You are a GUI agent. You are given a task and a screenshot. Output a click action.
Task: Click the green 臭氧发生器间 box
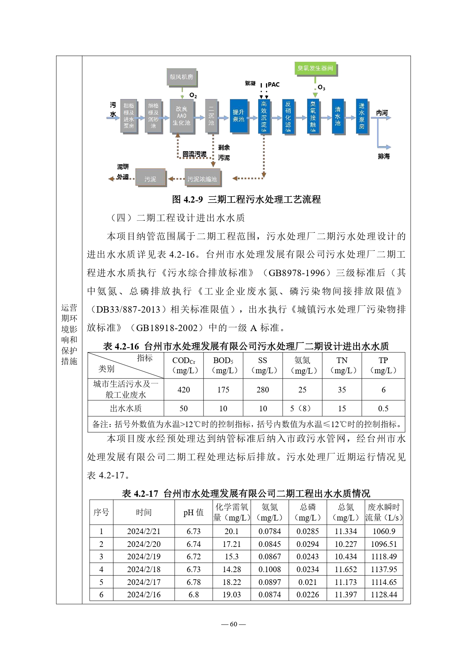pyautogui.click(x=315, y=68)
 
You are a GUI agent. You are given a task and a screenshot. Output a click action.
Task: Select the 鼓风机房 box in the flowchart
pyautogui.click(x=181, y=77)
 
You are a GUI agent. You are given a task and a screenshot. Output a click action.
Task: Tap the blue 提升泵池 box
pyautogui.click(x=239, y=116)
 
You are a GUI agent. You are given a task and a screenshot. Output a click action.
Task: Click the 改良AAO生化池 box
pyautogui.click(x=181, y=116)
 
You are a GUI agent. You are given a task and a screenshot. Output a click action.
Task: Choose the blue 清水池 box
pyautogui.click(x=338, y=116)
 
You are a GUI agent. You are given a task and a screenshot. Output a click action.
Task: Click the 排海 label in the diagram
pyautogui.click(x=384, y=156)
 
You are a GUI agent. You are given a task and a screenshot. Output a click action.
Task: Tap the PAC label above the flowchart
pyautogui.click(x=274, y=85)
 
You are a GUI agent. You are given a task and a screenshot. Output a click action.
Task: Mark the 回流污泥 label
pyautogui.click(x=194, y=154)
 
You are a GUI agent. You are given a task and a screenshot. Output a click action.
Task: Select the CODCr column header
pyautogui.click(x=184, y=365)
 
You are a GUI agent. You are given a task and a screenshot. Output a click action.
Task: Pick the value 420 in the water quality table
pyautogui.click(x=184, y=390)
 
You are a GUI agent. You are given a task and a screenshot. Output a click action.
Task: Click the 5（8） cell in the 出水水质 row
pyautogui.click(x=302, y=409)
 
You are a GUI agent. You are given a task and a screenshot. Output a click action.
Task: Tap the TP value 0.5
pyautogui.click(x=383, y=409)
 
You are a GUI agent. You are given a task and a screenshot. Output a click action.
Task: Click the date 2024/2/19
pyautogui.click(x=144, y=557)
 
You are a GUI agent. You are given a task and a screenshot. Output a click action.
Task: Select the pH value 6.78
pyautogui.click(x=193, y=582)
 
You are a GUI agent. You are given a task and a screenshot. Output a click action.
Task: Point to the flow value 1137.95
pyautogui.click(x=384, y=569)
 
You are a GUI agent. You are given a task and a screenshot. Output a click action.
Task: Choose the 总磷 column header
pyautogui.click(x=307, y=512)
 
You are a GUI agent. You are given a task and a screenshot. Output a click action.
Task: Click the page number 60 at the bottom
pyautogui.click(x=233, y=624)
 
